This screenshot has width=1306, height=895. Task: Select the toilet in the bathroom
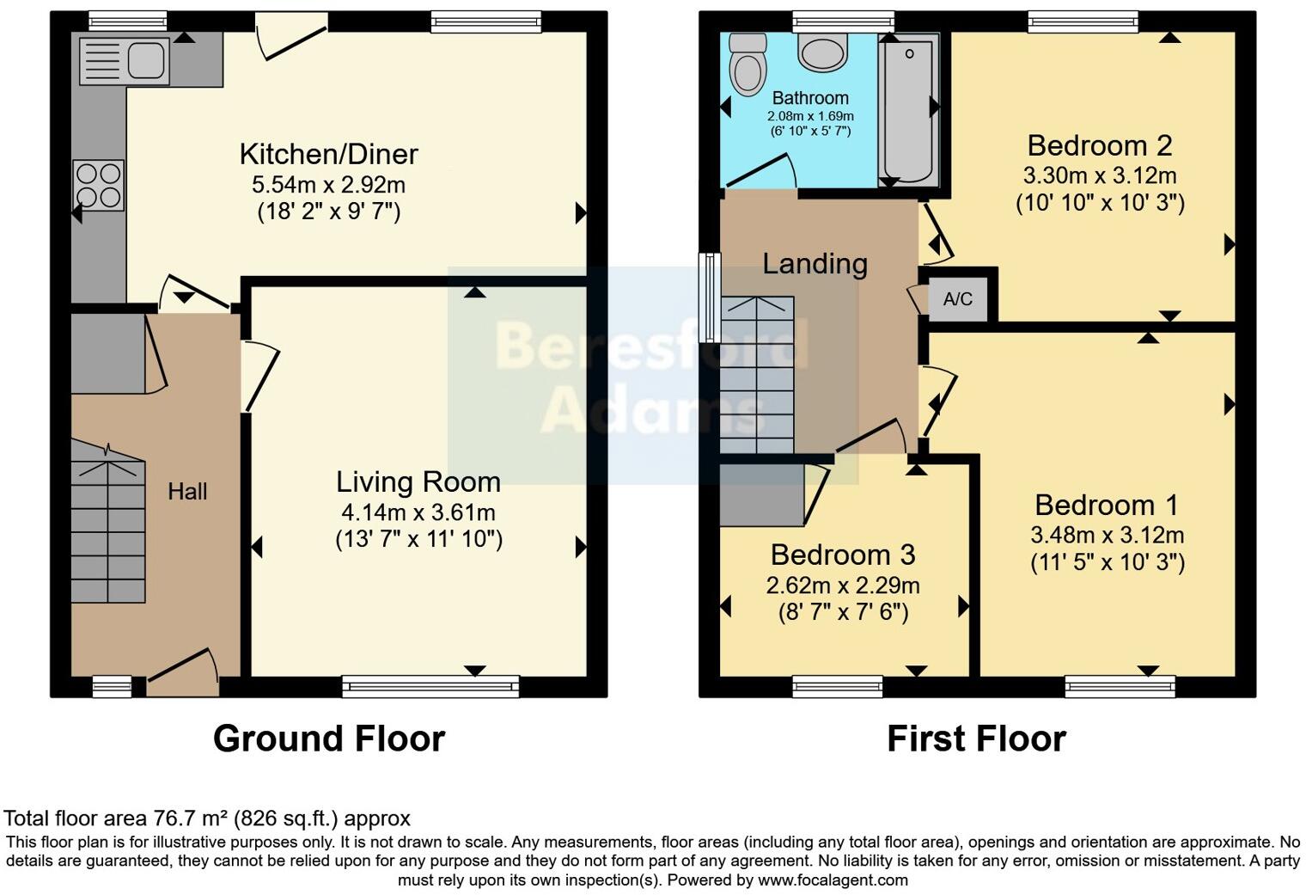746,64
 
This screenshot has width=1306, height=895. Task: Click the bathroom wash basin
822,52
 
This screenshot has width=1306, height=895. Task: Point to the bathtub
909,107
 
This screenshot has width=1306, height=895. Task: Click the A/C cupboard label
958,299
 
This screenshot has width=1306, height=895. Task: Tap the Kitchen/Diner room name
328,155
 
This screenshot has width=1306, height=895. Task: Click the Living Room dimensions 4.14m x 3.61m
418,513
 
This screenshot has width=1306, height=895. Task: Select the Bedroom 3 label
842,555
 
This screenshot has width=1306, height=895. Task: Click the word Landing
815,263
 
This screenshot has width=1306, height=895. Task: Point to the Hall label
187,492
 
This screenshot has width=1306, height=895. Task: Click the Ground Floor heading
328,739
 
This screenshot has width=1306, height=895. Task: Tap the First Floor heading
976,739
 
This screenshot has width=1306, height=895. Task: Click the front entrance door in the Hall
182,675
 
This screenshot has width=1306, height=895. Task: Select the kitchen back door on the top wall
292,34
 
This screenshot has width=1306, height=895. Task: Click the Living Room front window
430,686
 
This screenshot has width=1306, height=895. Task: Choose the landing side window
710,297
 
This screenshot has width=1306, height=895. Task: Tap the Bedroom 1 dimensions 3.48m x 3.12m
1107,535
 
